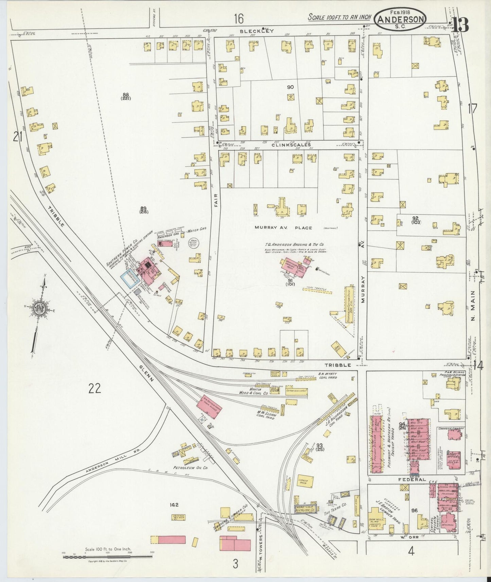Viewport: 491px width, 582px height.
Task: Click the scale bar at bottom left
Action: (x=107, y=556)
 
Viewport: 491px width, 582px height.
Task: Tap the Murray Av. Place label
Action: (x=283, y=228)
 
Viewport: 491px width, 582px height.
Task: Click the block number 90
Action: (x=290, y=87)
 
